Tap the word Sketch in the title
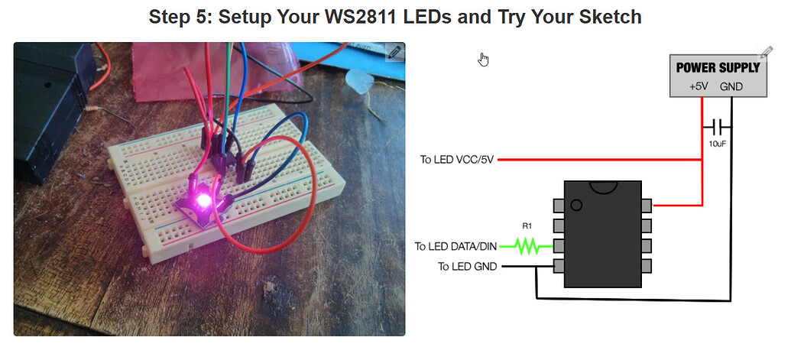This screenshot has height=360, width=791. click(607, 17)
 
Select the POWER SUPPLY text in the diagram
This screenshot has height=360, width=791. click(718, 67)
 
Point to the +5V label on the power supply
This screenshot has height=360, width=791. click(698, 86)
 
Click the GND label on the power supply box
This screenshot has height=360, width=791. click(731, 86)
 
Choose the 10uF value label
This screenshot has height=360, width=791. click(717, 143)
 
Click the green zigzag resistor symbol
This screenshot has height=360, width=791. click(526, 246)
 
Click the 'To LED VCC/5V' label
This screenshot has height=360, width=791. click(457, 160)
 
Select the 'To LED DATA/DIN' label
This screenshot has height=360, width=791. click(455, 246)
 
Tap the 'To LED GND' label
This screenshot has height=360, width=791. click(467, 267)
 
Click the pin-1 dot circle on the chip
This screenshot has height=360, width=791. click(576, 204)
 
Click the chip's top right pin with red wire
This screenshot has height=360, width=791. click(647, 205)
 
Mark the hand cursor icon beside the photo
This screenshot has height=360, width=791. click(483, 60)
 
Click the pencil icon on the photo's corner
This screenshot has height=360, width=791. click(394, 52)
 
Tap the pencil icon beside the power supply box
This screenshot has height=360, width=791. click(765, 53)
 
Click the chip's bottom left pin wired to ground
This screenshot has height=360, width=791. click(559, 266)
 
